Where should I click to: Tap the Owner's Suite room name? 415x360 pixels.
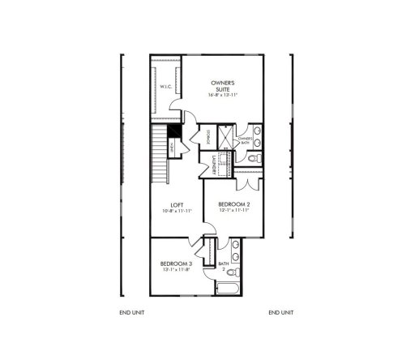coord(222,86)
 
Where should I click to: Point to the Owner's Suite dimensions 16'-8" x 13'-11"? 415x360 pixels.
coord(222,95)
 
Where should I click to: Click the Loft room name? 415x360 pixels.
coord(177,205)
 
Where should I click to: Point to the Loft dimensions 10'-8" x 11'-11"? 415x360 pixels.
coord(177,212)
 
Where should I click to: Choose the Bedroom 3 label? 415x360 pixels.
coord(177,264)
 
